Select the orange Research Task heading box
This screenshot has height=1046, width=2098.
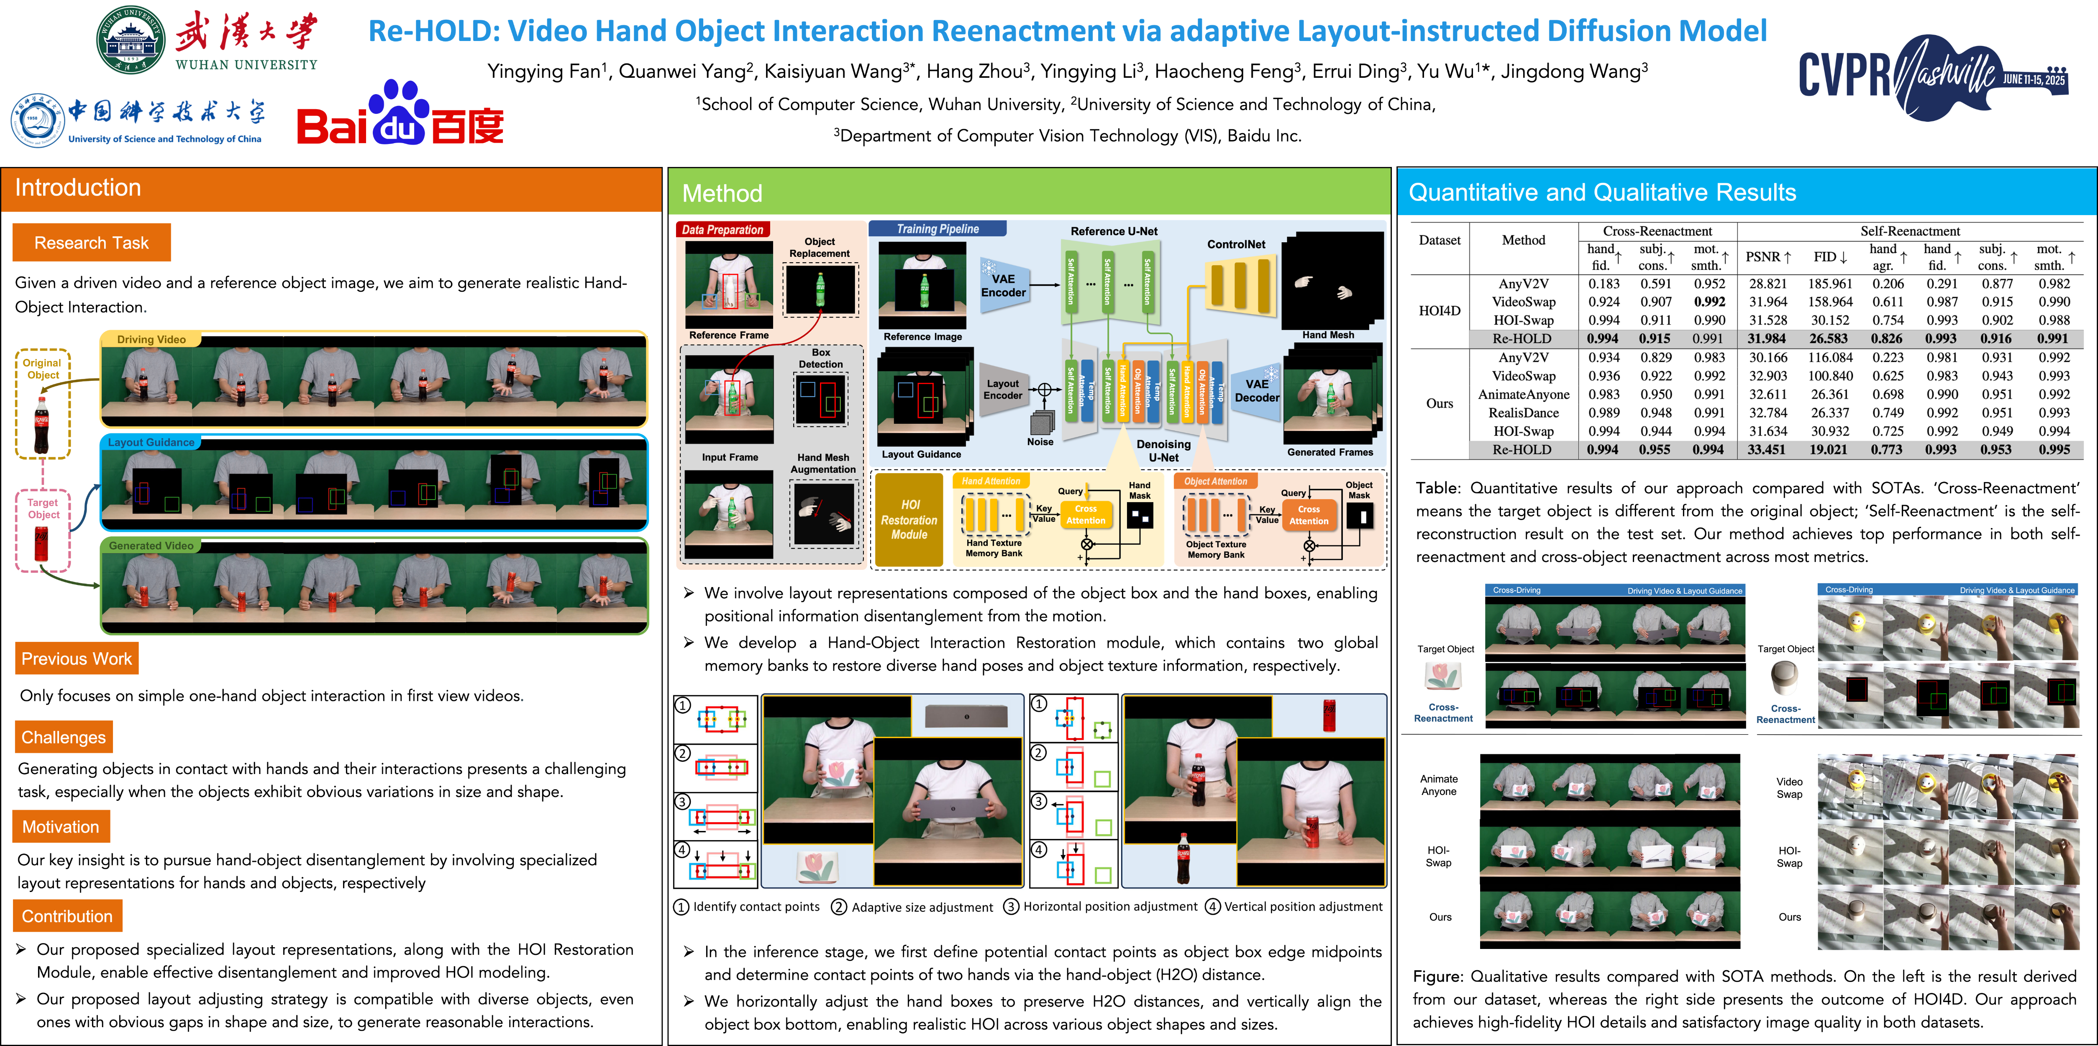point(91,243)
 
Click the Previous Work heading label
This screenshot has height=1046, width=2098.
point(77,658)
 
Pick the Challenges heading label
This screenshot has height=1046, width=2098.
point(64,737)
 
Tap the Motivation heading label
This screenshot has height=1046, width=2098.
point(61,827)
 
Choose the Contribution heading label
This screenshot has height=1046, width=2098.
point(68,916)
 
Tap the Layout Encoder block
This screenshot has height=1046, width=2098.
point(1003,390)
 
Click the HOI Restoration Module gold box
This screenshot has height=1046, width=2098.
point(909,520)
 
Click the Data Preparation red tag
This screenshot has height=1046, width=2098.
point(722,230)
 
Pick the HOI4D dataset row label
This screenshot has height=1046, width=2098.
point(1439,310)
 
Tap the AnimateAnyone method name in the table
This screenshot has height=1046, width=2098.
point(1523,394)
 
